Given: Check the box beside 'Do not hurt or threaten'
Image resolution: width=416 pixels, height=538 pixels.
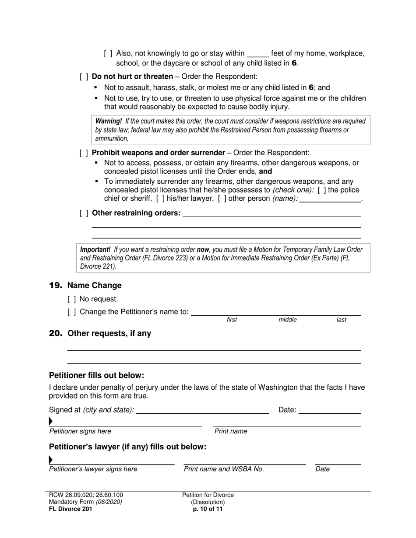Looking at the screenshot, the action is point(84,77).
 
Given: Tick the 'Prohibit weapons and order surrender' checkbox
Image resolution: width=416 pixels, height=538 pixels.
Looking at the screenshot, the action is point(84,153).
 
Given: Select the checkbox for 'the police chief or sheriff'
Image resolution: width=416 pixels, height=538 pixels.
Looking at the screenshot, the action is point(321,190).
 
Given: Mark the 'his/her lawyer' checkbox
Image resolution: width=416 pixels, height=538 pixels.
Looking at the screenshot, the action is point(161,199).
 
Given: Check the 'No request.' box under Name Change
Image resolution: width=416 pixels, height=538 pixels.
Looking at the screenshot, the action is point(72,299).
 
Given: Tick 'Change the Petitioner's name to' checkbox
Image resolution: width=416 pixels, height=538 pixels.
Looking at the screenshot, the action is point(72,312).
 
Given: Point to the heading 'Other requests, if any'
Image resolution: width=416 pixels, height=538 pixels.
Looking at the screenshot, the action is point(109,333).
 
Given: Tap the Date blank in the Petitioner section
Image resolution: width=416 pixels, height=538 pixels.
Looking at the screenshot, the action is point(329,410).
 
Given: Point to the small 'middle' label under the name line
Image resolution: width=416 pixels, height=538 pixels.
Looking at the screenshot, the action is point(288,320).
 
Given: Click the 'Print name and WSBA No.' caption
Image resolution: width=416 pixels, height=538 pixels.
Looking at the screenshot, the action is point(224,469).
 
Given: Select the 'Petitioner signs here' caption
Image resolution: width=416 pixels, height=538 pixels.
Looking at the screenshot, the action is point(80,431).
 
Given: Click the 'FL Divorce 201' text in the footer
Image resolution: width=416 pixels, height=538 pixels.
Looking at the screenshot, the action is point(71,509).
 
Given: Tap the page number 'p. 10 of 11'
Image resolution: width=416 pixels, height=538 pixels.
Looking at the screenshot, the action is point(208,509).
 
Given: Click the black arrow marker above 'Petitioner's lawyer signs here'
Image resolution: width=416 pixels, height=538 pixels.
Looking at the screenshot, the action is point(51,460).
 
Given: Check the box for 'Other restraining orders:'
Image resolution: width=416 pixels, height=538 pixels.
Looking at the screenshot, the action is point(84,213).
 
